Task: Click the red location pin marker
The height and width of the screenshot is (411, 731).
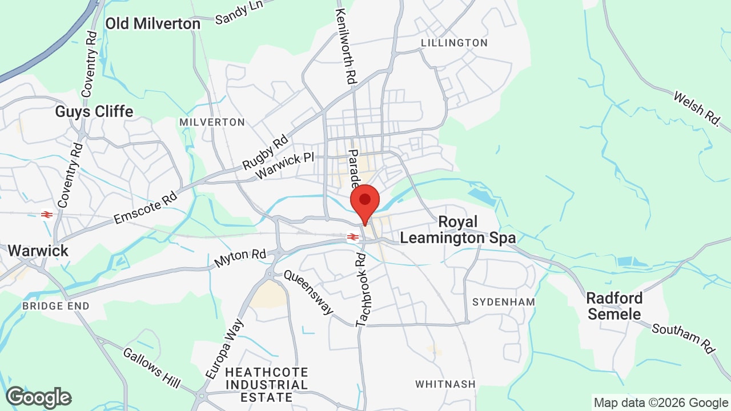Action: pyautogui.click(x=365, y=202)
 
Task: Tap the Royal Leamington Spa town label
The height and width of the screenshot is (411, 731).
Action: pyautogui.click(x=457, y=229)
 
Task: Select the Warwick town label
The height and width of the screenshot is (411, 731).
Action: pyautogui.click(x=38, y=251)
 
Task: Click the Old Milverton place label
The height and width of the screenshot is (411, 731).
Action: pyautogui.click(x=153, y=23)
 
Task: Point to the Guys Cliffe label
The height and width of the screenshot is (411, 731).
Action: pyautogui.click(x=94, y=111)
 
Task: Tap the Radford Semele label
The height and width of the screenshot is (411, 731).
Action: pyautogui.click(x=614, y=306)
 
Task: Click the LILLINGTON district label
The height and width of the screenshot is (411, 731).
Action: pyautogui.click(x=454, y=43)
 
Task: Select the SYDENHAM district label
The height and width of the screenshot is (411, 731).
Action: pyautogui.click(x=504, y=302)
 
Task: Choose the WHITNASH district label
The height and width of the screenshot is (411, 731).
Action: pyautogui.click(x=445, y=384)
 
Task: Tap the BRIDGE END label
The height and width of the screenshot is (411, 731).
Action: pyautogui.click(x=56, y=306)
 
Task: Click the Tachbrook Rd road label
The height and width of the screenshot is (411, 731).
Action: pyautogui.click(x=361, y=290)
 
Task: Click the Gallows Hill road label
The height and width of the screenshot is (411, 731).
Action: pyautogui.click(x=151, y=366)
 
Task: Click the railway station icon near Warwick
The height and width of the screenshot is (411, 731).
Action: pyautogui.click(x=47, y=215)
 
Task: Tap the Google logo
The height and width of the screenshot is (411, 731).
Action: pyautogui.click(x=38, y=397)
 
